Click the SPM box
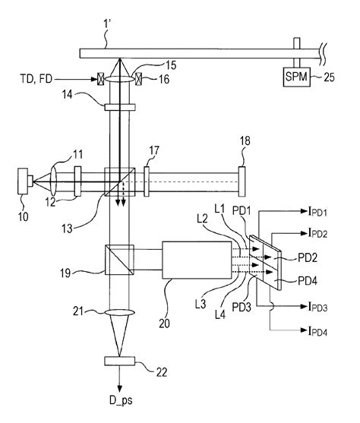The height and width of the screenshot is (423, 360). coord(296,77)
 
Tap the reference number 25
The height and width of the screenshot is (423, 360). coord(329,77)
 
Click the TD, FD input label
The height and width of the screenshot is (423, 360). coord(36,79)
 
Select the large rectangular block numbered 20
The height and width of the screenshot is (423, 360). coord(197,260)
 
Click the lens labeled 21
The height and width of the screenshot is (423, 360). coord(119,313)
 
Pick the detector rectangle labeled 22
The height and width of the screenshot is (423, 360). coord(119,361)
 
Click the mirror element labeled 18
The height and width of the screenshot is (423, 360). coord(242,182)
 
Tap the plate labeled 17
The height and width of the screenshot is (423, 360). coord(147,182)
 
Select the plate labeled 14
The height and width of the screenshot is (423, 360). coord(119,107)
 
